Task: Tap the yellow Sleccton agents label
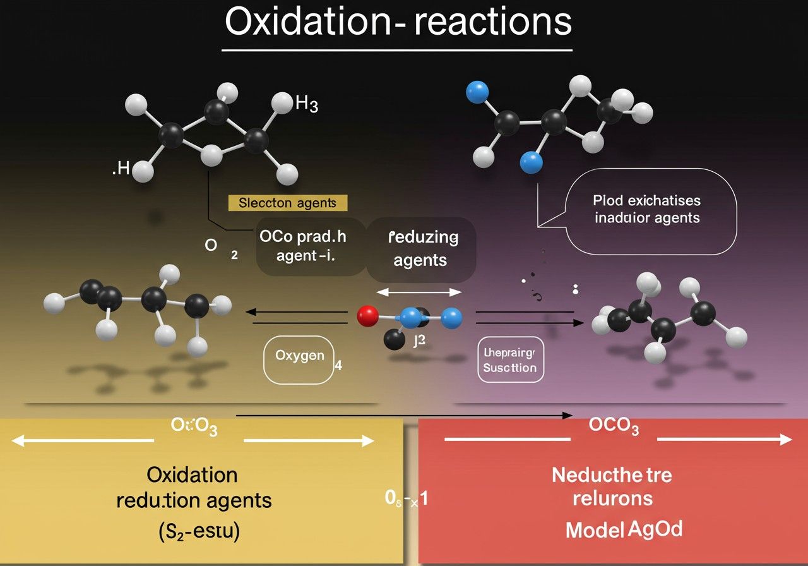(287, 203)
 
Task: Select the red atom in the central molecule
(367, 315)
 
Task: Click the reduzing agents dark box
(420, 248)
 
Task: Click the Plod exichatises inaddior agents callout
(646, 209)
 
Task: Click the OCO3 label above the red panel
(614, 426)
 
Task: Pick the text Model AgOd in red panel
(624, 529)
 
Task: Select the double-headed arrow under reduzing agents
(419, 292)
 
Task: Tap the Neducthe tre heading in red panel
(612, 474)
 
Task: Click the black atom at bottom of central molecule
(395, 340)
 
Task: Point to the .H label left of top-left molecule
(121, 170)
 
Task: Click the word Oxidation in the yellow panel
(192, 474)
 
